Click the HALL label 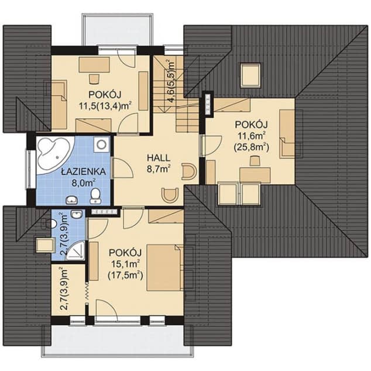(x=159, y=158)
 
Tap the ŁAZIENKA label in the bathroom (x=83, y=171)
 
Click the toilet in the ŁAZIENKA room (x=95, y=196)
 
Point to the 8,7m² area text (x=159, y=169)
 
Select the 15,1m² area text (x=125, y=264)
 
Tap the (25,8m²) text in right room (x=251, y=147)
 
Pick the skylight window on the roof (x=250, y=75)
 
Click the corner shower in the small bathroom (x=76, y=251)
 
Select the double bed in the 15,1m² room (x=165, y=267)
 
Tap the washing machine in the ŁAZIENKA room (x=101, y=144)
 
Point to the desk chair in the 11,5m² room (x=94, y=79)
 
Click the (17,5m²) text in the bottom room (x=125, y=276)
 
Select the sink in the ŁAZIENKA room (x=72, y=200)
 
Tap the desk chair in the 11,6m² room (x=255, y=161)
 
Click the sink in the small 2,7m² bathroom (x=77, y=214)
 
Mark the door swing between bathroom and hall (x=123, y=167)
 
